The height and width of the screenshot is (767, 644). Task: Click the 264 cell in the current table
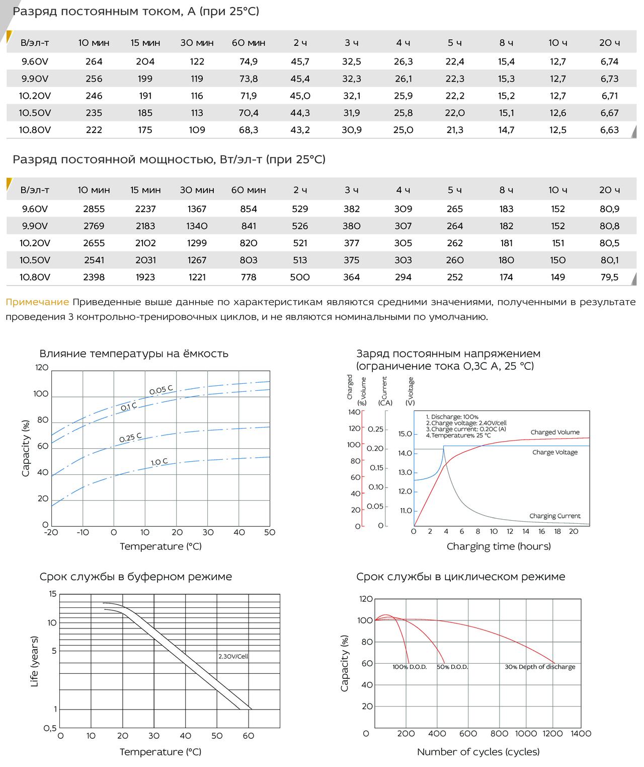point(94,61)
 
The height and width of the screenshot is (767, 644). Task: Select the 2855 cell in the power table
point(94,208)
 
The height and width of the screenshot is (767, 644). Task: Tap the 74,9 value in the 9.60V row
point(249,61)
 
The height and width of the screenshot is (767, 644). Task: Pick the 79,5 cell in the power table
point(609,277)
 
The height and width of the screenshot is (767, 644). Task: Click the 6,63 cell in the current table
point(609,129)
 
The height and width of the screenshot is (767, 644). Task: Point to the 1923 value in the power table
point(145,277)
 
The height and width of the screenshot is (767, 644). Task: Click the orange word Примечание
point(37,302)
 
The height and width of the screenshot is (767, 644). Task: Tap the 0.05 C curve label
point(160,390)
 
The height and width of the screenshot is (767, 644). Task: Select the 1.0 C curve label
point(159,462)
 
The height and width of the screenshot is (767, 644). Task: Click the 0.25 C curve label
point(130,438)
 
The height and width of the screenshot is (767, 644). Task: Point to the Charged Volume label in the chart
point(555,433)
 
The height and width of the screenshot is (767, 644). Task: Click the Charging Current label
point(555,516)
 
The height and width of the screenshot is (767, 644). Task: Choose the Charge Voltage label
point(555,452)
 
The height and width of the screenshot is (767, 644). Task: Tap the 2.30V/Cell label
point(233,656)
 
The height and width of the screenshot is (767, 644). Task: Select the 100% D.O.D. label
point(410,667)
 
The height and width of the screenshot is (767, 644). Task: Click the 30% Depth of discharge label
point(540,667)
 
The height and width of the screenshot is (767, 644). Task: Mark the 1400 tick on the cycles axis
point(581,734)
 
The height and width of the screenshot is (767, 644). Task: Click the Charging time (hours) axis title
point(499,546)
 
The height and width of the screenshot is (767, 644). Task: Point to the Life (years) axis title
point(34,662)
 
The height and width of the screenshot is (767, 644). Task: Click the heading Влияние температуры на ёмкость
point(134,354)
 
